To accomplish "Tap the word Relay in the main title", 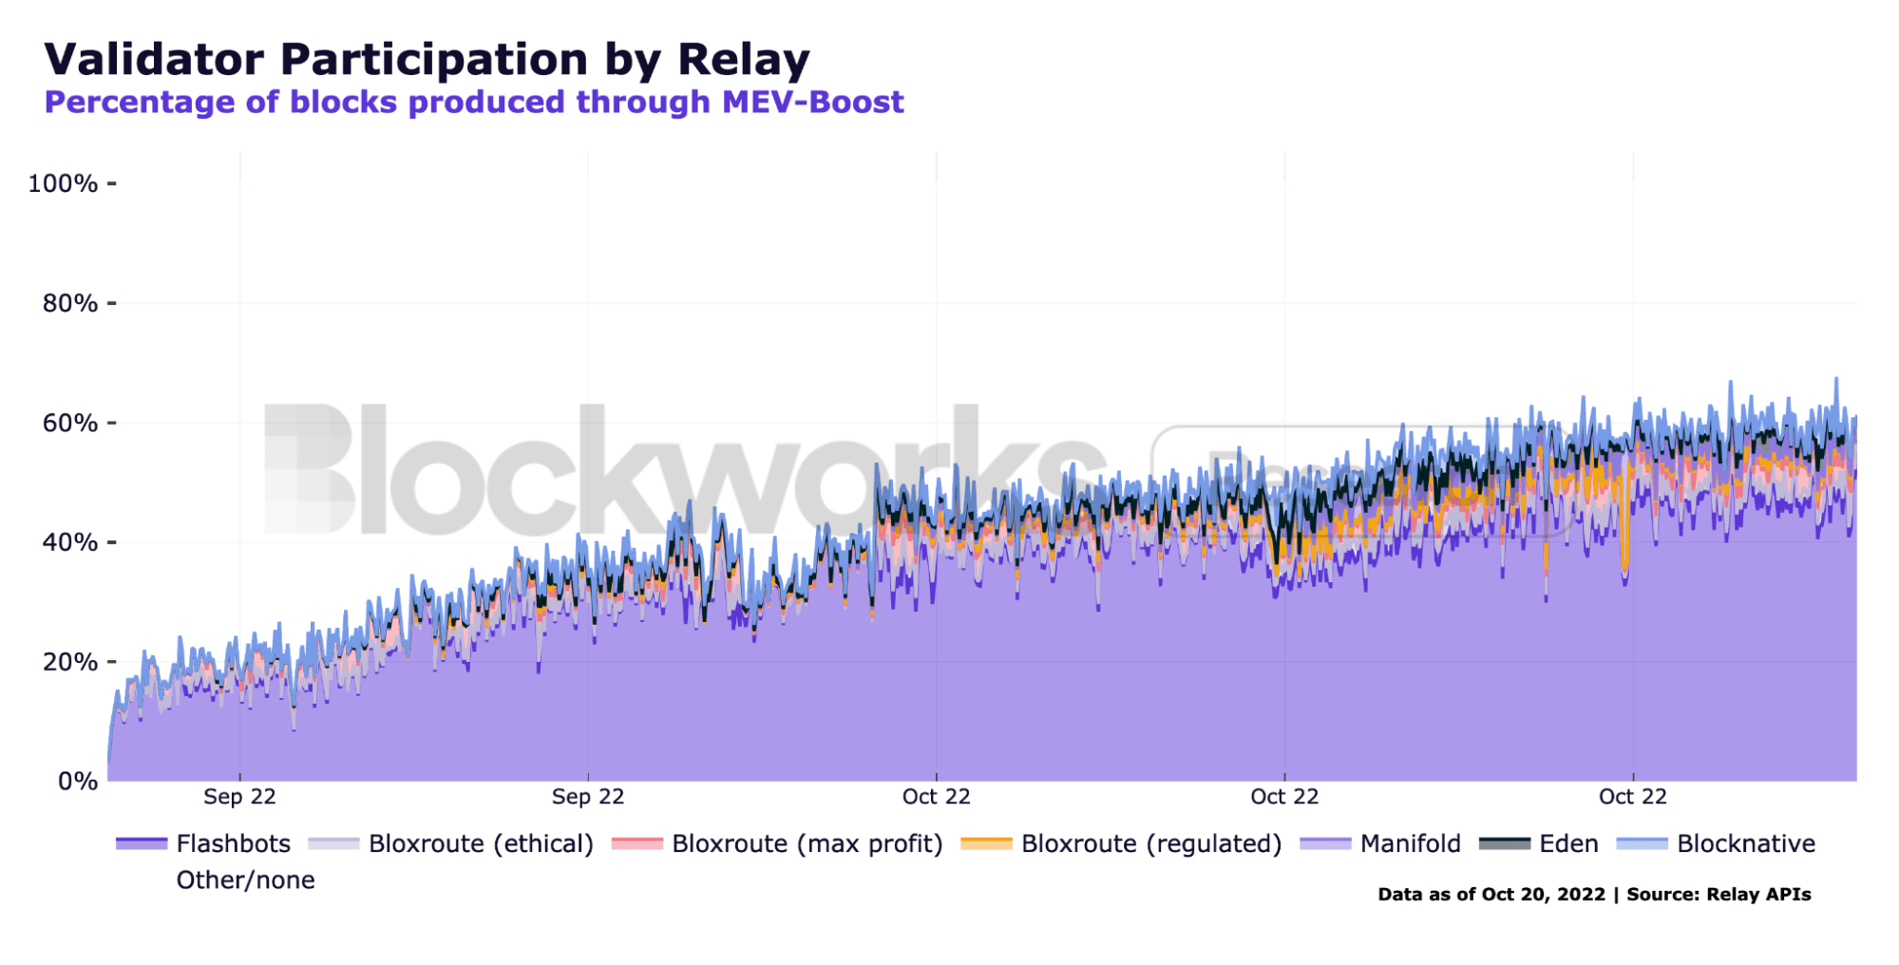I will coord(743,59).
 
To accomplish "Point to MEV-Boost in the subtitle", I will coord(812,102).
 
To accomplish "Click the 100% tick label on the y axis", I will coord(63,183).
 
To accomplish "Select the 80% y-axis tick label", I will coord(69,303).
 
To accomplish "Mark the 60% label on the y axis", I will coord(69,423).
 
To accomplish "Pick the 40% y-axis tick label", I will coord(69,542).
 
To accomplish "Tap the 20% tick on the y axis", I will coord(69,662).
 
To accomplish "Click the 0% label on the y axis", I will coord(77,782).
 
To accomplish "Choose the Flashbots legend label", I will coord(233,843).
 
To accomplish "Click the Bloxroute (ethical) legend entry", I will coord(481,843).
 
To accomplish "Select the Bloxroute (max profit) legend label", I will coord(807,843).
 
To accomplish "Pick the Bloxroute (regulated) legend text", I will coord(1150,843).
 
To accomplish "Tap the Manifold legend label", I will coord(1410,843).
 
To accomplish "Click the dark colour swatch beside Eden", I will coord(1505,843).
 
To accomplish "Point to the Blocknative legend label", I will coord(1745,843).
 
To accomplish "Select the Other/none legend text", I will coord(245,880).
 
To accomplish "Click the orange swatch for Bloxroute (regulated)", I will coord(986,843).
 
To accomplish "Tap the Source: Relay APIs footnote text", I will coord(1719,894).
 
